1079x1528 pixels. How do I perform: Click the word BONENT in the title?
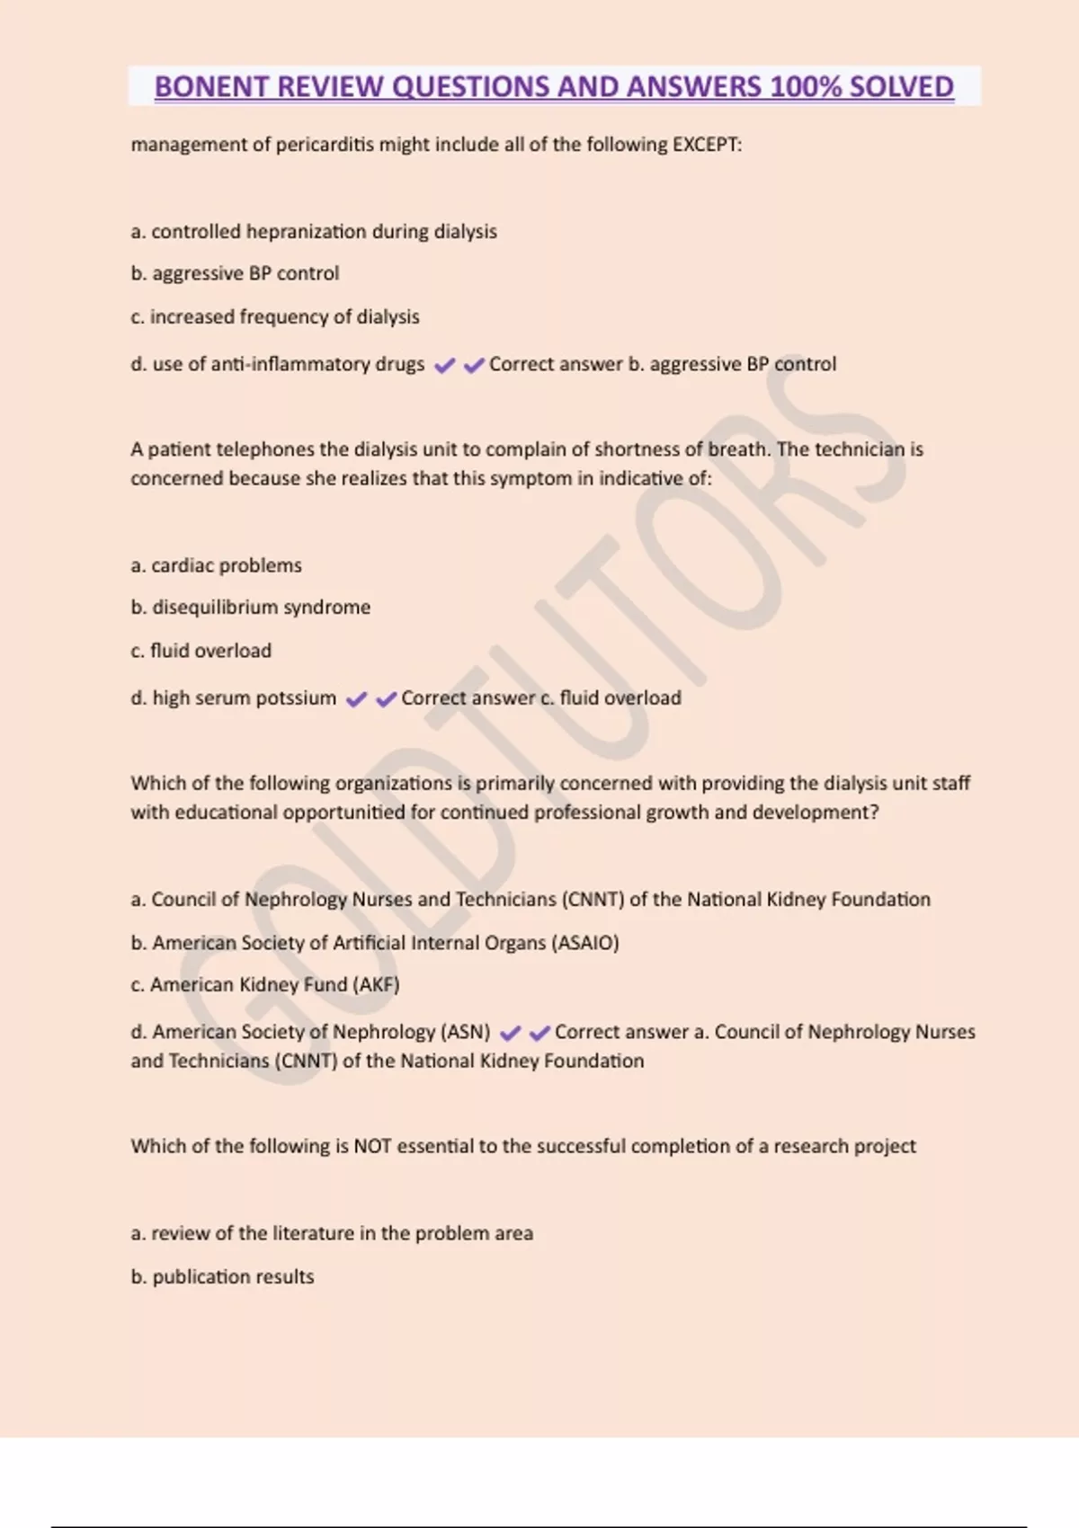click(211, 86)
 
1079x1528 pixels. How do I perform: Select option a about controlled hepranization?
click(314, 232)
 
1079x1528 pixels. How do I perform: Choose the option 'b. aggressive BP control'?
click(235, 273)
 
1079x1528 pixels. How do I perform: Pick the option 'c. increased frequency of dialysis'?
click(275, 316)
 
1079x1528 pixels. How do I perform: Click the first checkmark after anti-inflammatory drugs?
click(444, 365)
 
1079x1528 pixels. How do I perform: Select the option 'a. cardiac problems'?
click(216, 565)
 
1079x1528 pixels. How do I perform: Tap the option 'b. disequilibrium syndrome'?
click(250, 608)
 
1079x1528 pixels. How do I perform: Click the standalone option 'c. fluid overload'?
click(201, 651)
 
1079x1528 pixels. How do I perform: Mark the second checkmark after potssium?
click(386, 699)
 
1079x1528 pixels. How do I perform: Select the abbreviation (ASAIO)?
click(585, 943)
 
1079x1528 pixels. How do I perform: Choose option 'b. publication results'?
click(222, 1277)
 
